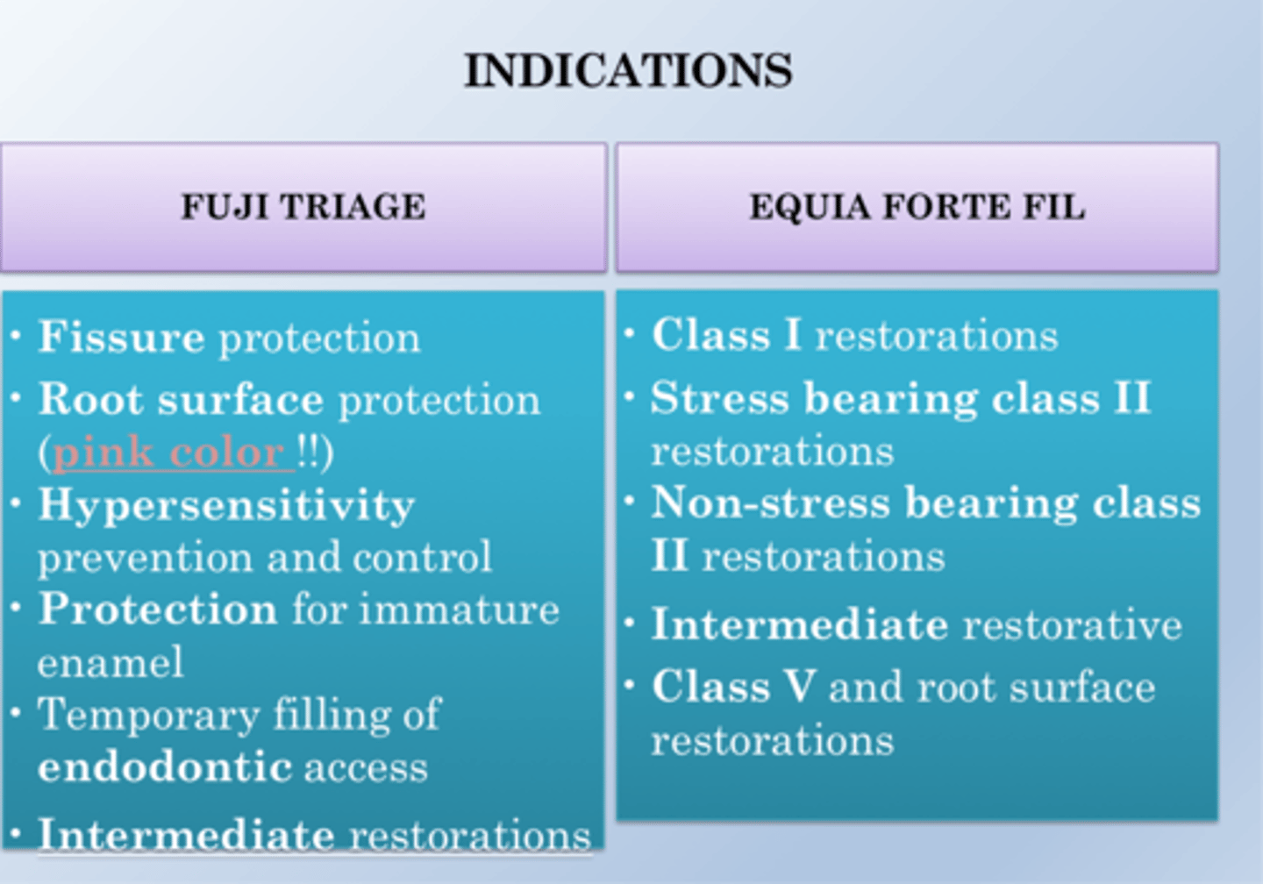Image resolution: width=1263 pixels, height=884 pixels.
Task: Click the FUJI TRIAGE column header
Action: tap(303, 207)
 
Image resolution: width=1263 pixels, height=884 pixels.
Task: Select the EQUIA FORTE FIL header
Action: tap(917, 207)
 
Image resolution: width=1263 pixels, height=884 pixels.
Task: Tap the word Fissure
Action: tap(121, 338)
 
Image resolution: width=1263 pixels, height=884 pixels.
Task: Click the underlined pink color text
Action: tap(168, 453)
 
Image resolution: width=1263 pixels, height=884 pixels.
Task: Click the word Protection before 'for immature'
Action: tap(158, 610)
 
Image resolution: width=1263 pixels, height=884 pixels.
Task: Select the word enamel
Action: tap(111, 662)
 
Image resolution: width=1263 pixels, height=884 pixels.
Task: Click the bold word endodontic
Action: tap(165, 767)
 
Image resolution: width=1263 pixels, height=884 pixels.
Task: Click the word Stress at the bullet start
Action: tap(720, 399)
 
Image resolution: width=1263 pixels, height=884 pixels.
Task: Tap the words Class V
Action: tap(733, 687)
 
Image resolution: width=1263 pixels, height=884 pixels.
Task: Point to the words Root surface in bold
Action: tap(181, 401)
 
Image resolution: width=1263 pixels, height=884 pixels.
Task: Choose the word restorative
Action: tap(1072, 625)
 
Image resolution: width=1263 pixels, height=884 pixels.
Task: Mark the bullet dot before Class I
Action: tap(630, 333)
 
